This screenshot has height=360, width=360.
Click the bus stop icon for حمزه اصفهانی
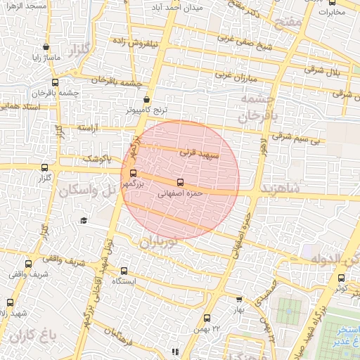click(x=180, y=182)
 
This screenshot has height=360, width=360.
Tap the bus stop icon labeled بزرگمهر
click(x=134, y=172)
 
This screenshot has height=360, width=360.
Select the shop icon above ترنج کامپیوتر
click(x=146, y=101)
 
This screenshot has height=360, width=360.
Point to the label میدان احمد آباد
click(x=178, y=8)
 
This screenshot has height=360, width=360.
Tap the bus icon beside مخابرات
click(x=332, y=2)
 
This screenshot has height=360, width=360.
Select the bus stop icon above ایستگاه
click(x=124, y=271)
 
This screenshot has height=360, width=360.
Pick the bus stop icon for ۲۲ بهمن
click(x=207, y=318)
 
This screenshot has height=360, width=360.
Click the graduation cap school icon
click(x=84, y=221)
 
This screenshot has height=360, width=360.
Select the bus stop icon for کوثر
click(x=342, y=278)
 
